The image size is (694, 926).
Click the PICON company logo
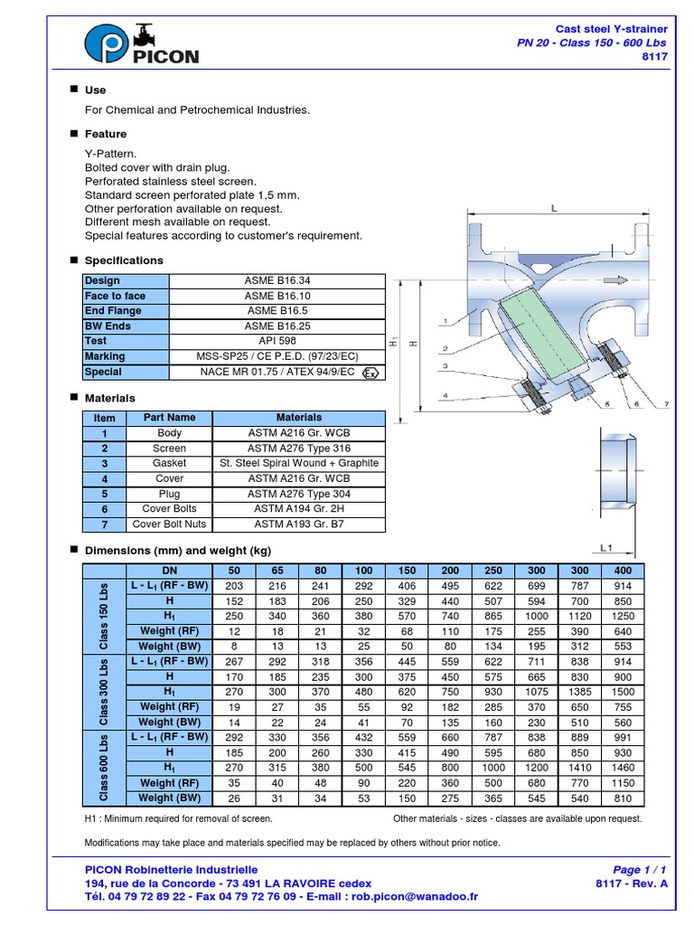click(141, 44)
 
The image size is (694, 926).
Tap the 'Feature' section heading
click(106, 134)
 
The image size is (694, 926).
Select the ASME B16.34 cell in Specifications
click(277, 281)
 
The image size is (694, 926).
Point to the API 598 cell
click(277, 341)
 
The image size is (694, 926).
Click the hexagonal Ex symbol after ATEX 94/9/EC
click(370, 373)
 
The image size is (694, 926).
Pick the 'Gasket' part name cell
click(169, 463)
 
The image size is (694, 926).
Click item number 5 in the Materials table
click(105, 494)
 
